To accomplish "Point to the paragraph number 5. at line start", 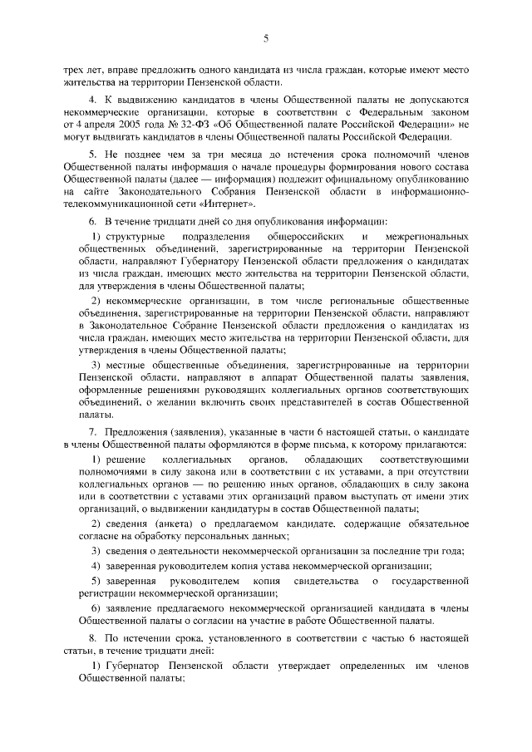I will [x=93, y=158].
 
